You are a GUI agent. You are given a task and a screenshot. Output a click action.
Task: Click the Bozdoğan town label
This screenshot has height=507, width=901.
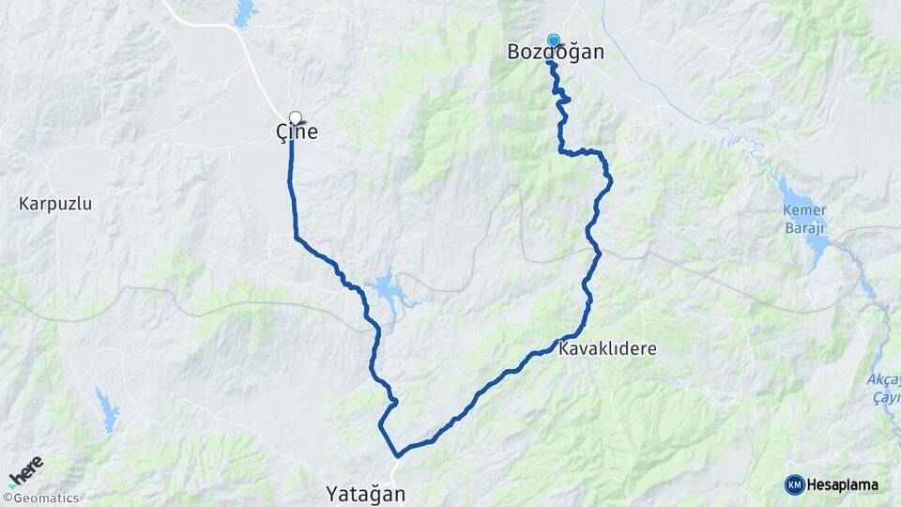[x=556, y=53]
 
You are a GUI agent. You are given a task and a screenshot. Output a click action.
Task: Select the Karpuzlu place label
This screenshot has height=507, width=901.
[x=55, y=203]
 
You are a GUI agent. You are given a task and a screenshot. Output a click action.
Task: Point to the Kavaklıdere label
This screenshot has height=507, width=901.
[x=606, y=349]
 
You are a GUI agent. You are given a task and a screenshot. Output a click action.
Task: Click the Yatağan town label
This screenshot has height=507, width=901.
[x=365, y=493]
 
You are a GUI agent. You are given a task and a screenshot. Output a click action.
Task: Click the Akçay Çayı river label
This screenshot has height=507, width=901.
[x=883, y=388]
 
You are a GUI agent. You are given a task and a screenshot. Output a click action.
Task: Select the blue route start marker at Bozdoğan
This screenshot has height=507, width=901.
[x=554, y=40]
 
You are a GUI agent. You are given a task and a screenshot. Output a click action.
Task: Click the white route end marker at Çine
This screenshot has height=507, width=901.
[x=296, y=118]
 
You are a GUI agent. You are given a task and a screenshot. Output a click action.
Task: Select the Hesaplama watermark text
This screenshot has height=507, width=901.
[x=842, y=485]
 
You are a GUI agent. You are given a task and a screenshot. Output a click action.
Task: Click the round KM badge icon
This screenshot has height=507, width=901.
[x=794, y=485]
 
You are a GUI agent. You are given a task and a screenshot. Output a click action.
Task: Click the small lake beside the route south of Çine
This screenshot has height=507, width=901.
[x=385, y=288]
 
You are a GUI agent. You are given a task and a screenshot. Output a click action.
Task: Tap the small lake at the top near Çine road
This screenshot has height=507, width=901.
[x=245, y=12]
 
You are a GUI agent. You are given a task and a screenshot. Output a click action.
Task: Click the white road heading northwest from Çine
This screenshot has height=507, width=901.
[x=253, y=56]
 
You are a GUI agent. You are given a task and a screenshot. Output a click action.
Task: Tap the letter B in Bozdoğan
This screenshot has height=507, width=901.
[x=514, y=53]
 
